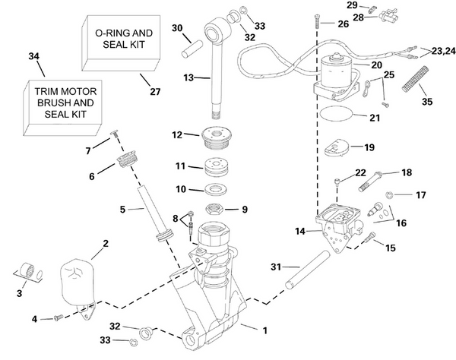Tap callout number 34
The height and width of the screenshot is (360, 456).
32,56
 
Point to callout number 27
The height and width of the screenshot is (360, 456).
155,92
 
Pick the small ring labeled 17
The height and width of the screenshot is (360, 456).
390,194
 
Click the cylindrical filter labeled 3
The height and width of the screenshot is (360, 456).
29,270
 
